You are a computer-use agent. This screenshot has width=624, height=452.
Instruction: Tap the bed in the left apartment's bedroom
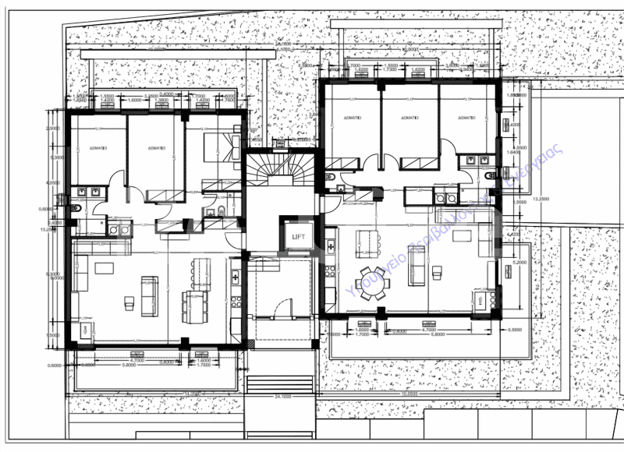coord(223,147)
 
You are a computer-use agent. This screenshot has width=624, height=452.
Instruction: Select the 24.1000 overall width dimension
coord(282,396)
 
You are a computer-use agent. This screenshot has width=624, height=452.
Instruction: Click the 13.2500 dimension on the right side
coord(540,200)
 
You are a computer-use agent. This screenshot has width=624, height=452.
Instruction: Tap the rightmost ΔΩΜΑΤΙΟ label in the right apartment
coord(466,117)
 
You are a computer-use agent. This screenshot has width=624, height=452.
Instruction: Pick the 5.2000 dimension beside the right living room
coord(516,263)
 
